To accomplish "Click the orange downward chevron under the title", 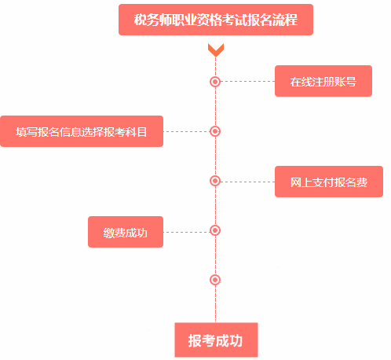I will coord(216,50).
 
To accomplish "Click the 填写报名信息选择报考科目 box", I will coord(82,131).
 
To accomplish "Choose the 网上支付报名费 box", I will coord(329,182).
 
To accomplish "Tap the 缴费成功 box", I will coord(126,232).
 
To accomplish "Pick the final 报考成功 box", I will coord(216,340).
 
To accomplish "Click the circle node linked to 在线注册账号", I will coord(215,81).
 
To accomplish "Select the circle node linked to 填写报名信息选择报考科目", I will coord(215,131).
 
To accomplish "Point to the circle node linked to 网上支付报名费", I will coord(215,181).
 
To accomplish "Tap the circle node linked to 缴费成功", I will coord(215,230).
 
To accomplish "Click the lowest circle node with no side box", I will coord(215,280).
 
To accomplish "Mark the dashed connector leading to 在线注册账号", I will coord(247,81).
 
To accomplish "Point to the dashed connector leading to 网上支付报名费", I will coord(247,181).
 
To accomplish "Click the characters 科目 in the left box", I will coord(137,131).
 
